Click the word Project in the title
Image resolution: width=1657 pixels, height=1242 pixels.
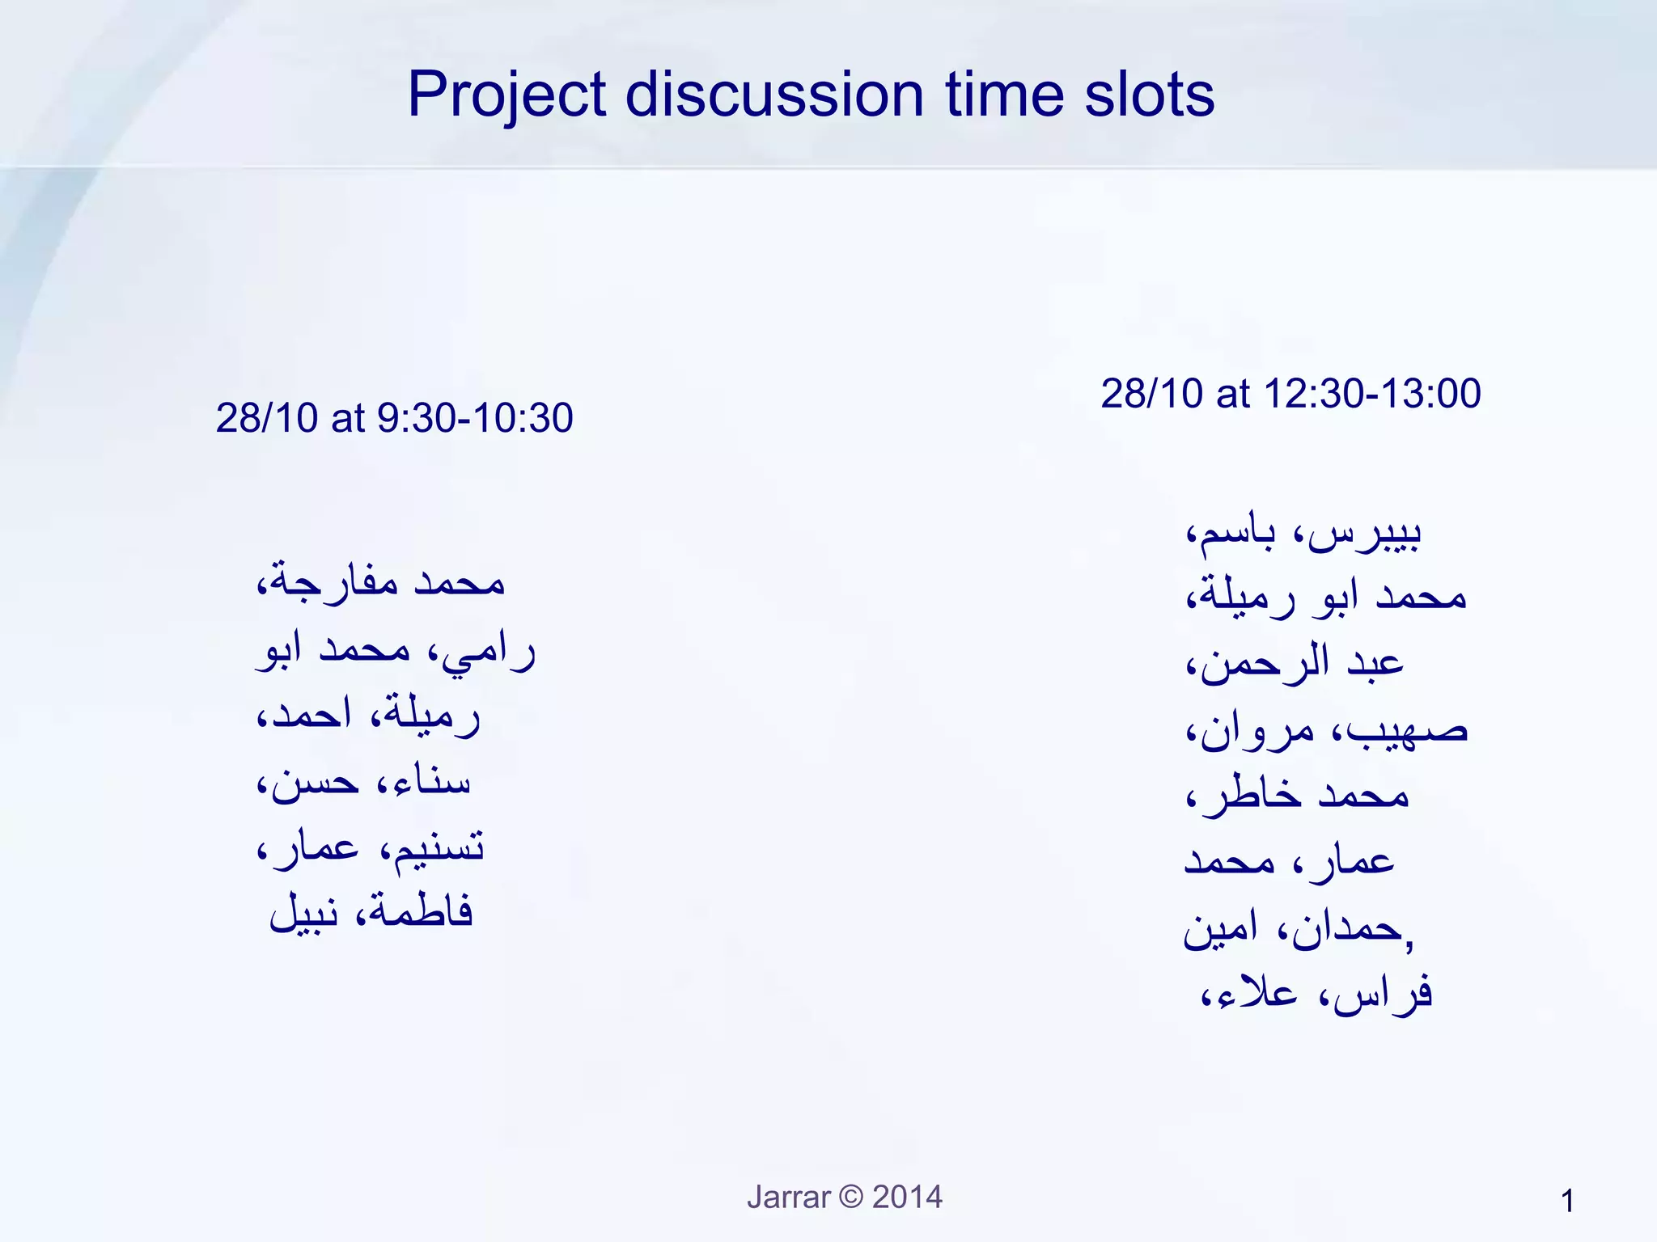click(506, 95)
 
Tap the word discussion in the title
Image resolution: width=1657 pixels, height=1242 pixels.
click(774, 94)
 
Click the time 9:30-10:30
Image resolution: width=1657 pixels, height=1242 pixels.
click(475, 418)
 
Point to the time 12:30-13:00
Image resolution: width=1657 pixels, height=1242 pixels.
click(1371, 394)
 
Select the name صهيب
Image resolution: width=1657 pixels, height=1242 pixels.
click(1408, 730)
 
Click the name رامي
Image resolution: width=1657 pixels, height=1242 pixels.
click(489, 652)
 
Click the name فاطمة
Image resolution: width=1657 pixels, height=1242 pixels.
click(421, 912)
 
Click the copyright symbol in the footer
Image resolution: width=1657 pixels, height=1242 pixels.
click(851, 1197)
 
